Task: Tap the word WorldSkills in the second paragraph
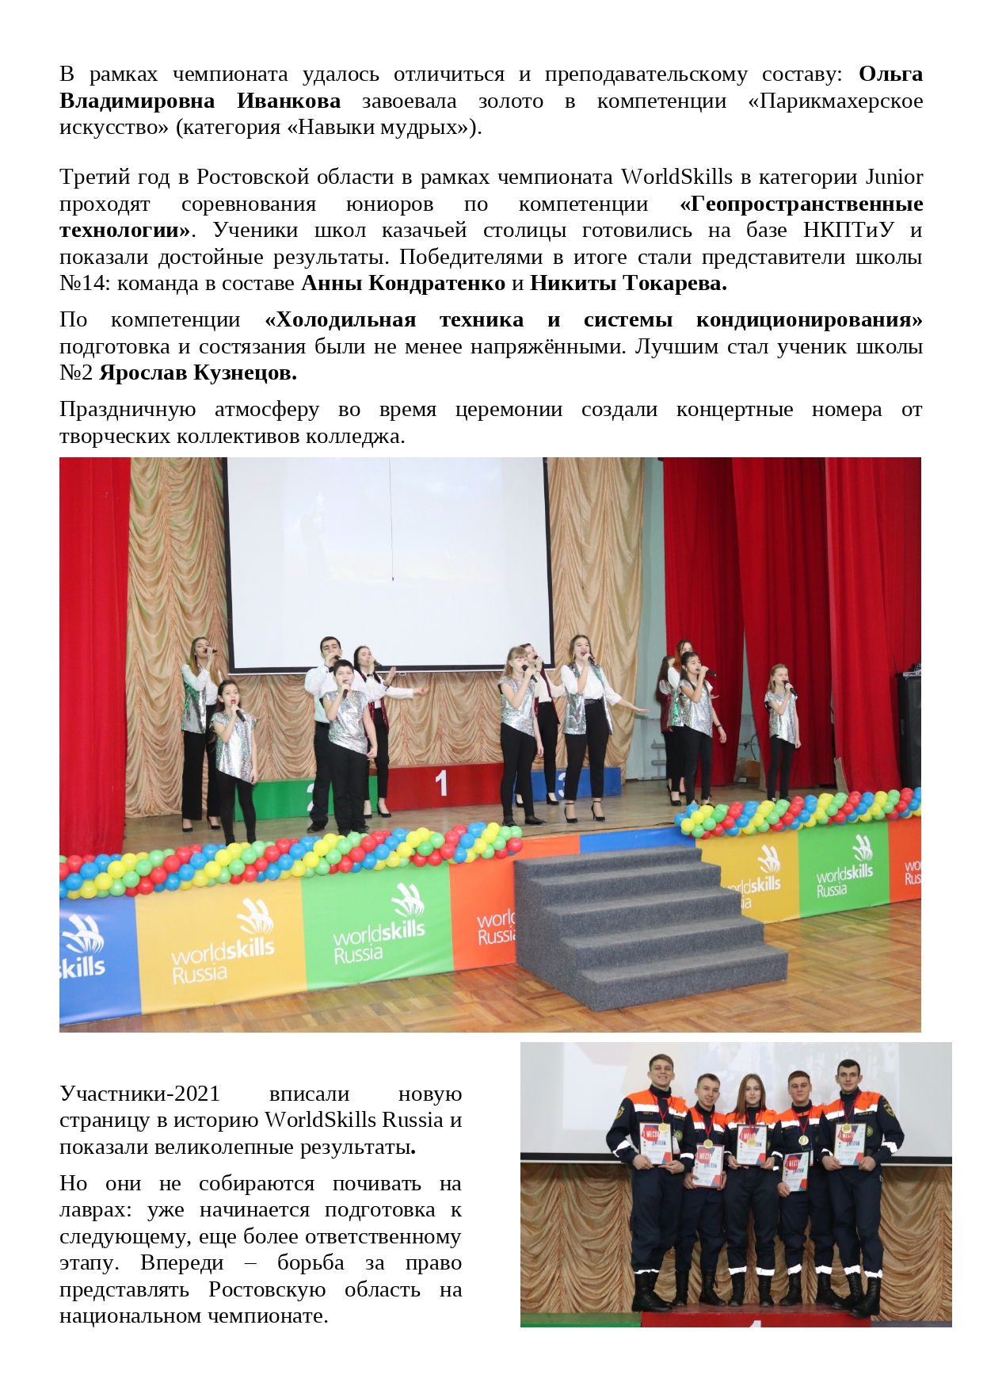pos(676,177)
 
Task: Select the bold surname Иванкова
pos(288,101)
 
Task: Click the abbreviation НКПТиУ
pos(848,231)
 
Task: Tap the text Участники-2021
pos(139,1094)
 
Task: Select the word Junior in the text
pos(894,177)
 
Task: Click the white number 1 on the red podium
pos(441,784)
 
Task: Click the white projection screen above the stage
pos(388,555)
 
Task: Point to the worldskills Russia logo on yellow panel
pos(223,943)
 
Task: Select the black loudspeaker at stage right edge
pos(909,729)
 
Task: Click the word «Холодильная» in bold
pos(341,320)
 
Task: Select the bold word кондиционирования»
pos(809,320)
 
